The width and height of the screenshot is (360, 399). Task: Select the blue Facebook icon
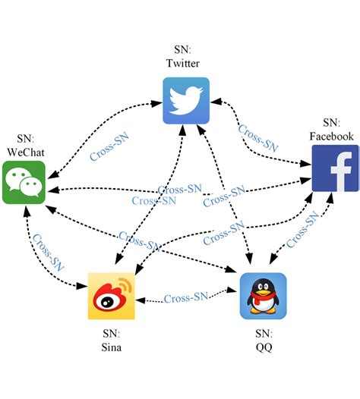(335, 168)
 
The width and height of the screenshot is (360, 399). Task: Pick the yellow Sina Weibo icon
(111, 295)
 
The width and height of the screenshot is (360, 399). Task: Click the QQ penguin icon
(263, 296)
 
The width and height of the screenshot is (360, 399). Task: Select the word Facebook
(331, 137)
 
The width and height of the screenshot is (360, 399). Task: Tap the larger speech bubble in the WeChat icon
(18, 178)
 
